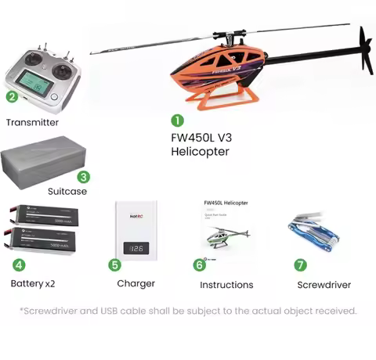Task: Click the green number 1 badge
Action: click(x=178, y=121)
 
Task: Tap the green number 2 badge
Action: click(x=12, y=97)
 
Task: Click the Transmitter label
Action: click(x=32, y=122)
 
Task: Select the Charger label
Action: click(x=136, y=283)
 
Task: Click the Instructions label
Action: click(x=226, y=285)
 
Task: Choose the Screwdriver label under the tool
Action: click(x=324, y=285)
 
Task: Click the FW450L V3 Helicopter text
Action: click(x=201, y=144)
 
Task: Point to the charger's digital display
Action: click(x=136, y=249)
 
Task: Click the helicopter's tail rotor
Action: click(x=364, y=51)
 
